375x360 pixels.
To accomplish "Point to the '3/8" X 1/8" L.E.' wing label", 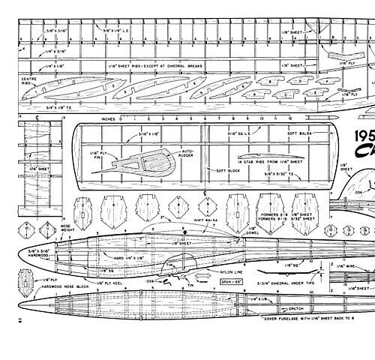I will click(x=121, y=31).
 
